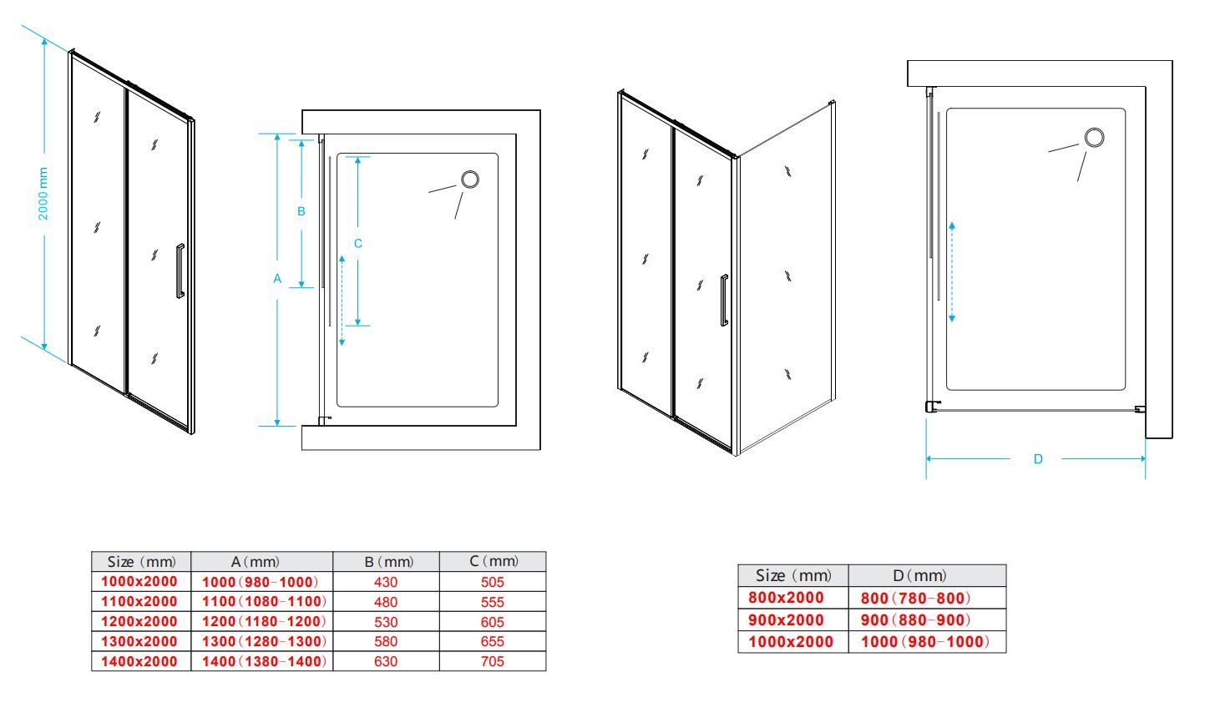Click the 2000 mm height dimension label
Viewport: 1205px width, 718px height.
pos(43,194)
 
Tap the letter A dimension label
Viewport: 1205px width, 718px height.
pos(277,279)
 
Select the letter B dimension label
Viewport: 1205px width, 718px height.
pos(301,211)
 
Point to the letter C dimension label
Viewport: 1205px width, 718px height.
pos(358,244)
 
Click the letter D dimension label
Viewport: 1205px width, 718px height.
pos(1038,458)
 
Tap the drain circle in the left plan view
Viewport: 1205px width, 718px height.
pos(470,179)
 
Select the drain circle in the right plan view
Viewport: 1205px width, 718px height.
pos(1094,137)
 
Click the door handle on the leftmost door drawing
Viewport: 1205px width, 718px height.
pos(180,271)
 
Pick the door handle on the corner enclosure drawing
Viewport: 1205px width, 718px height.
pos(724,300)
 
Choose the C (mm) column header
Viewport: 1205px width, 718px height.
pos(494,562)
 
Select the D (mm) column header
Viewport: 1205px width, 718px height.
pos(919,576)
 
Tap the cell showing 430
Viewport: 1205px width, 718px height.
pos(386,582)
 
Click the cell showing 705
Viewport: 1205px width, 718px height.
pos(492,661)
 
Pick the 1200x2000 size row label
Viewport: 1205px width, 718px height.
pos(139,622)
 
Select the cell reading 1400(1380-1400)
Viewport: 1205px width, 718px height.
pos(264,661)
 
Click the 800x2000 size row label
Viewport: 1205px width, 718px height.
pos(786,598)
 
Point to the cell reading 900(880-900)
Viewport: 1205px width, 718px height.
pos(915,620)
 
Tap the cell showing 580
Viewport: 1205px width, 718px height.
pos(386,642)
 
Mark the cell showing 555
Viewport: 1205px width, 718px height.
pos(492,602)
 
